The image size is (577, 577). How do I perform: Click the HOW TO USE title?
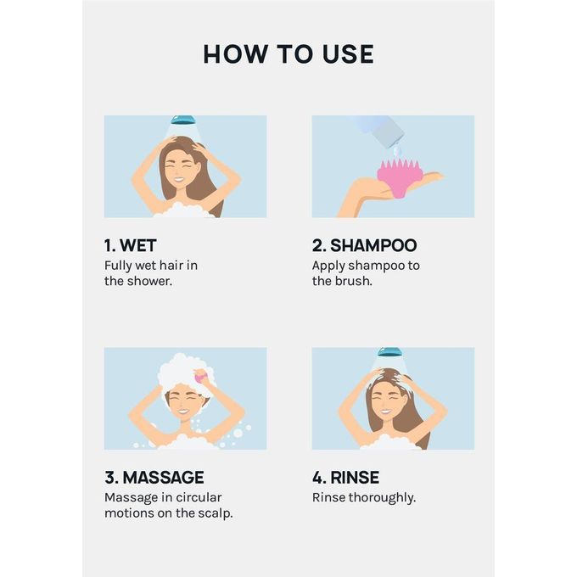pos(288,54)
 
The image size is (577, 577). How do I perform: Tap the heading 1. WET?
pos(131,245)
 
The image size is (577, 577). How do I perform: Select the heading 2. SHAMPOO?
pos(364,245)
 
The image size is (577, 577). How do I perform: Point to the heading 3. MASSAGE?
pos(154,477)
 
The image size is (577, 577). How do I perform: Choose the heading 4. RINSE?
pos(345,477)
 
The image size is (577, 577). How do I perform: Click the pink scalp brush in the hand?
pos(399,176)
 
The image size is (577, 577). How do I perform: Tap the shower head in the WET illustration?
pos(182,120)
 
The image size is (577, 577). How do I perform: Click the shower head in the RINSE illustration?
pos(389,351)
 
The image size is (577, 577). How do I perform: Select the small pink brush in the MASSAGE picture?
pos(200,375)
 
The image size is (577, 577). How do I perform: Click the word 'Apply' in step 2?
pos(330,266)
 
